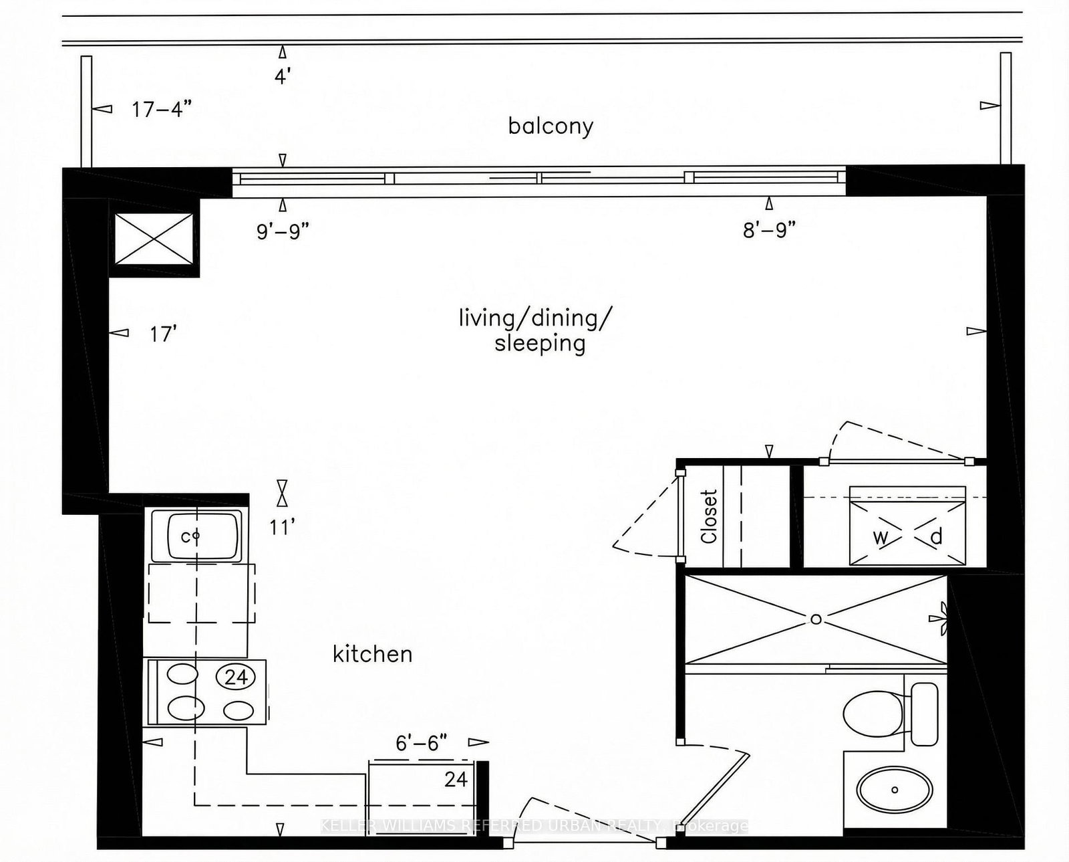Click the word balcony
click(x=551, y=126)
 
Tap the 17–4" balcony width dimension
click(x=162, y=109)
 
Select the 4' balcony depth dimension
click(x=282, y=76)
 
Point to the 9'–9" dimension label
click(x=283, y=231)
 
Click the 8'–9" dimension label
click(x=769, y=231)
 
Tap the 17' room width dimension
click(x=162, y=334)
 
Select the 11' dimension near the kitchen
click(x=282, y=528)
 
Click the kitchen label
click(x=372, y=653)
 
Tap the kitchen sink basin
click(x=195, y=536)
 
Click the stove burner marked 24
click(x=236, y=677)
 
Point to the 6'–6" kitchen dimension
click(x=421, y=742)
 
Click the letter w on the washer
click(x=880, y=537)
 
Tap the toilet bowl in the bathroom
click(x=871, y=714)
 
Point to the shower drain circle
click(x=816, y=619)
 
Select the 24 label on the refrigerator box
click(x=456, y=779)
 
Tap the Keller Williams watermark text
click(x=534, y=826)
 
